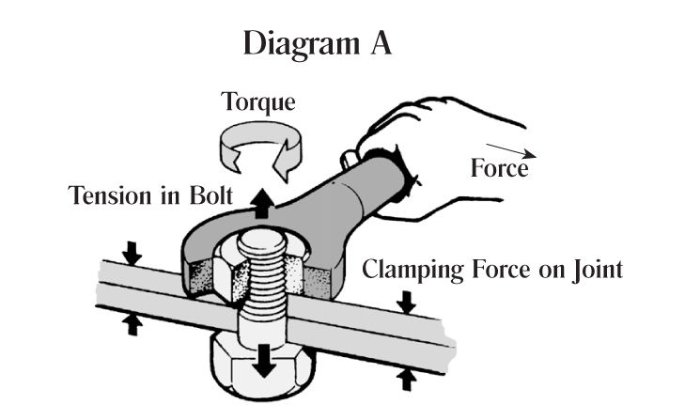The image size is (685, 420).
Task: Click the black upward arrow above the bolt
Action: pos(260,200)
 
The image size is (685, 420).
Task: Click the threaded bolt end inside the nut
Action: pos(269,268)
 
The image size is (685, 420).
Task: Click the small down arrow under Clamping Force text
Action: pos(405,302)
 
